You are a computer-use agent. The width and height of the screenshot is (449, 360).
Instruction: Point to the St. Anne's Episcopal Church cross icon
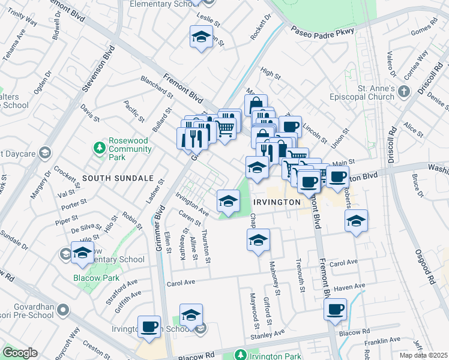click(x=404, y=91)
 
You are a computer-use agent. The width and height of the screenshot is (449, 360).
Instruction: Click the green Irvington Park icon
click(x=240, y=355)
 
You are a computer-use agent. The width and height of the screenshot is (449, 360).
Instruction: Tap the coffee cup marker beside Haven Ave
click(x=335, y=310)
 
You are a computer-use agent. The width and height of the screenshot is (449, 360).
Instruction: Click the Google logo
click(x=20, y=353)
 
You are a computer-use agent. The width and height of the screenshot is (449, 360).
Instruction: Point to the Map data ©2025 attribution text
click(x=423, y=355)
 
